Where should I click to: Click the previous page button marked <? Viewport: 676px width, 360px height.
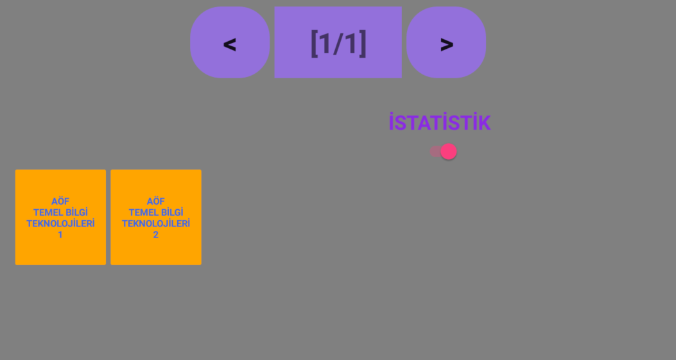230,42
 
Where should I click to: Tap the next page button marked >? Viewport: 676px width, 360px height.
446,42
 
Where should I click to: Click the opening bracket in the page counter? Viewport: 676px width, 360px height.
315,43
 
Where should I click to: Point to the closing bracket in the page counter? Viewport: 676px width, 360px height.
363,43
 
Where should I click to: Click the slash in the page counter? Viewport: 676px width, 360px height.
338,43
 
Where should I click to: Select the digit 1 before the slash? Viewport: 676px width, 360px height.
325,43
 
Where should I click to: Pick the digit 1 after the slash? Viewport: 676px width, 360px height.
351,43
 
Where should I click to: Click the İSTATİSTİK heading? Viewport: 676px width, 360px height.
440,123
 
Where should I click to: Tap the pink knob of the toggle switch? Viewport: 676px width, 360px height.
448,151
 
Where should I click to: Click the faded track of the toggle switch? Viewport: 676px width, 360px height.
435,151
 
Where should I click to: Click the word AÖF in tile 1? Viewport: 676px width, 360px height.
60,201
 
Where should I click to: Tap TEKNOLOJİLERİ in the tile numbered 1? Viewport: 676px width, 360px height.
60,223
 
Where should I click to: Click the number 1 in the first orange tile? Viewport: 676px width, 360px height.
60,235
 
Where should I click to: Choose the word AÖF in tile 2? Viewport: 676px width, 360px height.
155,201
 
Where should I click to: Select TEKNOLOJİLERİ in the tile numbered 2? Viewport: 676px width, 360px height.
155,223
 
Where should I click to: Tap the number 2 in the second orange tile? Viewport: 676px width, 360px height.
155,235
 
